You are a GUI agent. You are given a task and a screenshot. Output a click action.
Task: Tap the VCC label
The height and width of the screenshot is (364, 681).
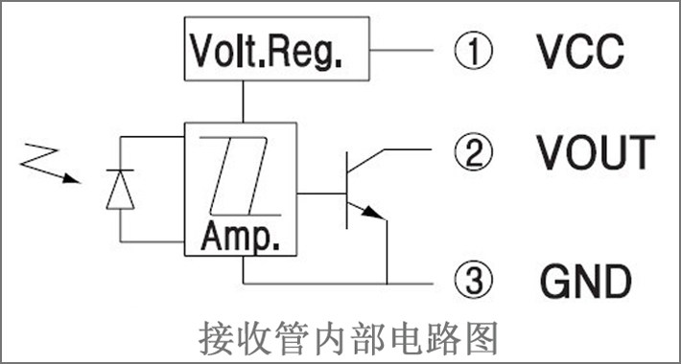[580, 51]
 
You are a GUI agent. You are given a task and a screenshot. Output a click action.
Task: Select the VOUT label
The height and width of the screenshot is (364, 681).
[596, 152]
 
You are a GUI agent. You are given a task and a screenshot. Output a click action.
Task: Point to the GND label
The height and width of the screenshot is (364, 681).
[586, 281]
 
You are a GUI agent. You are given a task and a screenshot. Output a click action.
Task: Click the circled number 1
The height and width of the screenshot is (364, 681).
[474, 51]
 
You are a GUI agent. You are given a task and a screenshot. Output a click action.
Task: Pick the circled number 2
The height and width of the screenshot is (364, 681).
[474, 152]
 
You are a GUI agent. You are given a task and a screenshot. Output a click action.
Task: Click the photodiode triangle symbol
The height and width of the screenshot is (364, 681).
[120, 190]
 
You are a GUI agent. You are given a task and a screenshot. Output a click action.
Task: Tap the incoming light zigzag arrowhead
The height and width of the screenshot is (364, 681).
[72, 178]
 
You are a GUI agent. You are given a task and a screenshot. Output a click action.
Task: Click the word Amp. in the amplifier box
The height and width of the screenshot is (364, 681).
[240, 237]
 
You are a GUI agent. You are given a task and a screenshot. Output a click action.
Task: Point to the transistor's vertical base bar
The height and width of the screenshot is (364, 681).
[346, 190]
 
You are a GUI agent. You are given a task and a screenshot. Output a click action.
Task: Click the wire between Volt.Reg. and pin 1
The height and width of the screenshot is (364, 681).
[402, 50]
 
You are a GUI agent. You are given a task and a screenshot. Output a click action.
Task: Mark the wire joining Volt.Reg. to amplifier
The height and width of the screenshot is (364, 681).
[243, 102]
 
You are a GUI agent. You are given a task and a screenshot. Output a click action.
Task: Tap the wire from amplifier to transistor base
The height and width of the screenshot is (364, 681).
[321, 193]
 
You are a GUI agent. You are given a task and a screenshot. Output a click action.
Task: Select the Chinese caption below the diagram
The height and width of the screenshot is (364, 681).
[348, 338]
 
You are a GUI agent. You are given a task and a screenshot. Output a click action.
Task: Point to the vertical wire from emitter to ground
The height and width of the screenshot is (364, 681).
[387, 252]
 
